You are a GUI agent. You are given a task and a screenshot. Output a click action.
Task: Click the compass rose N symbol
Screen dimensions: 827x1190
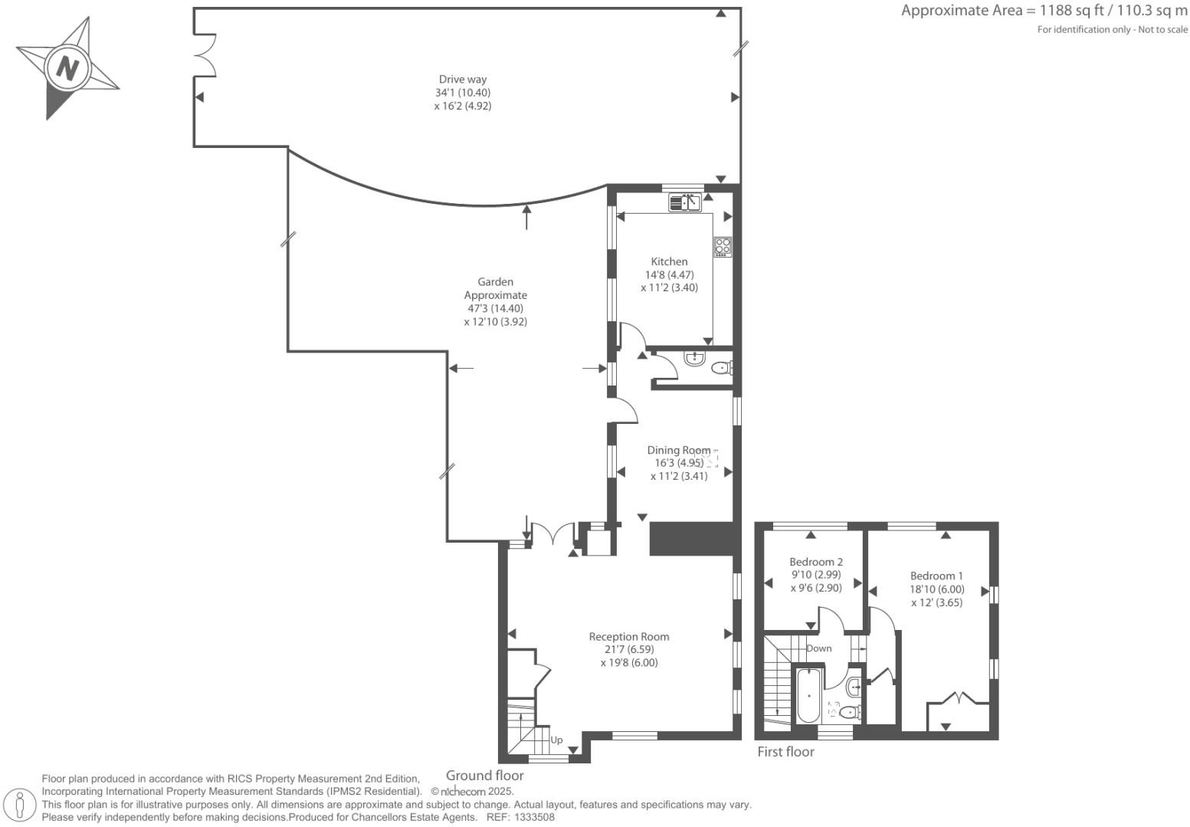pyautogui.click(x=67, y=68)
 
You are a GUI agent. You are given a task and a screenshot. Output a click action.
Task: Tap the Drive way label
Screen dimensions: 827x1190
pyautogui.click(x=462, y=79)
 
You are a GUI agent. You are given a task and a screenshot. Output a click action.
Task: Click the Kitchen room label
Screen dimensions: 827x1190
pyautogui.click(x=669, y=261)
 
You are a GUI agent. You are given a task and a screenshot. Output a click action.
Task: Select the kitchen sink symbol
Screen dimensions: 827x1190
pyautogui.click(x=685, y=203)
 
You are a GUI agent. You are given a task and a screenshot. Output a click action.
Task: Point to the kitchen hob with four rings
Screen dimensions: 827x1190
pyautogui.click(x=723, y=247)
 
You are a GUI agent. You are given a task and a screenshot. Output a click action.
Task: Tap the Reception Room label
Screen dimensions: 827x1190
pyautogui.click(x=628, y=636)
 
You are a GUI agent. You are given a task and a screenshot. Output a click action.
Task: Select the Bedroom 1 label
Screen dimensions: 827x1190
pyautogui.click(x=936, y=576)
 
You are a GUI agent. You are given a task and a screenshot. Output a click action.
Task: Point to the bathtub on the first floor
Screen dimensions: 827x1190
pyautogui.click(x=809, y=696)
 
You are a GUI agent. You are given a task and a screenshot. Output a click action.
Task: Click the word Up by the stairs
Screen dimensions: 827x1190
pyautogui.click(x=556, y=740)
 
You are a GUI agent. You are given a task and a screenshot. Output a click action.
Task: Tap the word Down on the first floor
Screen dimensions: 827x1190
pyautogui.click(x=818, y=648)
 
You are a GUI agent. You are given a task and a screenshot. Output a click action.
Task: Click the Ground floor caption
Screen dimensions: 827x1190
pyautogui.click(x=484, y=776)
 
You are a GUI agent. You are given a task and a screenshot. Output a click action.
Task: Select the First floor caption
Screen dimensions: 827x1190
pyautogui.click(x=785, y=752)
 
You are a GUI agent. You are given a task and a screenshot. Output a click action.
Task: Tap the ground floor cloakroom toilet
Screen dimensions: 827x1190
pyautogui.click(x=721, y=369)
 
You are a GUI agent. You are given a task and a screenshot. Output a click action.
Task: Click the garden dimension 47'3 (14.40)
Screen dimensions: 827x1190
pyautogui.click(x=495, y=308)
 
